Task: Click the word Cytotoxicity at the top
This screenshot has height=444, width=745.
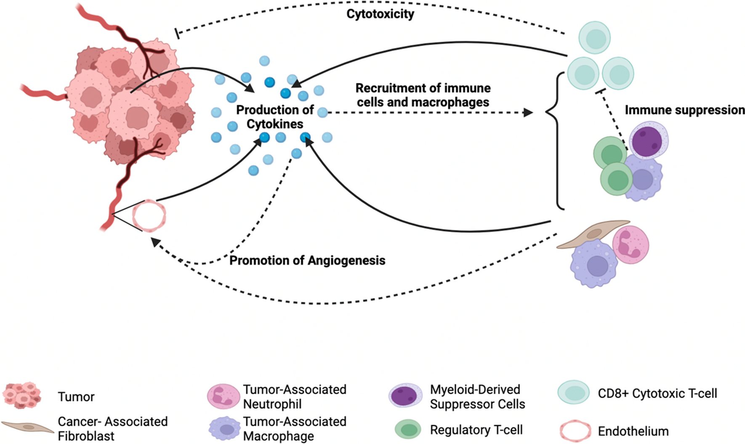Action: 380,14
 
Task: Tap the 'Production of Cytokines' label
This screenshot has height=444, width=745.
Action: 275,117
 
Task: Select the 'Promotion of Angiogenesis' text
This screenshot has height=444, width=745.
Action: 307,261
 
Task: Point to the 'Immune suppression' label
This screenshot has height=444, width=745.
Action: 684,110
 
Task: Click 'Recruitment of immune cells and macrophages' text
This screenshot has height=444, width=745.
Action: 423,95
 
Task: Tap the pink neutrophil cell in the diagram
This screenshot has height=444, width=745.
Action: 630,245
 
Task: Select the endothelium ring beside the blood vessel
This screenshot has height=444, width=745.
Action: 149,215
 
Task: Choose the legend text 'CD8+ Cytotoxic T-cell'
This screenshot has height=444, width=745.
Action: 657,393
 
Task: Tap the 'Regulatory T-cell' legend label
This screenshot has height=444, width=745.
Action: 476,430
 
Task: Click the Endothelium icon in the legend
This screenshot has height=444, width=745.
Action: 575,431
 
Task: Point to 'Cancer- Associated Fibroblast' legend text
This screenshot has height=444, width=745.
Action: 113,428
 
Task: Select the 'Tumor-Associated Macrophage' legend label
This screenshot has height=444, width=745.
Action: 295,428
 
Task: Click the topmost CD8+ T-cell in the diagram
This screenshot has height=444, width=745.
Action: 594,38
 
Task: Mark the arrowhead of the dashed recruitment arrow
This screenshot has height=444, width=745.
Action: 528,112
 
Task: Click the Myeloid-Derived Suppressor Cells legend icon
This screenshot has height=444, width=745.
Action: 405,395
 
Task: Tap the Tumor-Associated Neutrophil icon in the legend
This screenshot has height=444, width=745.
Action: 223,396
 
